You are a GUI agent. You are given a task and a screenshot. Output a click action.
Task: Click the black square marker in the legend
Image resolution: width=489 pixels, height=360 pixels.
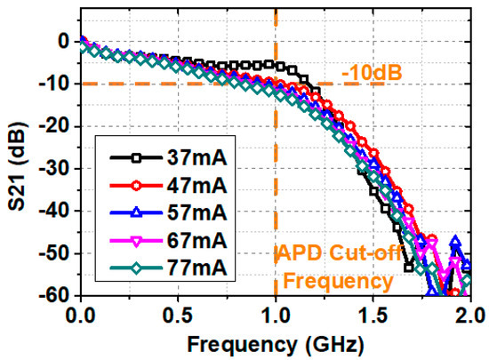click(135, 157)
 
